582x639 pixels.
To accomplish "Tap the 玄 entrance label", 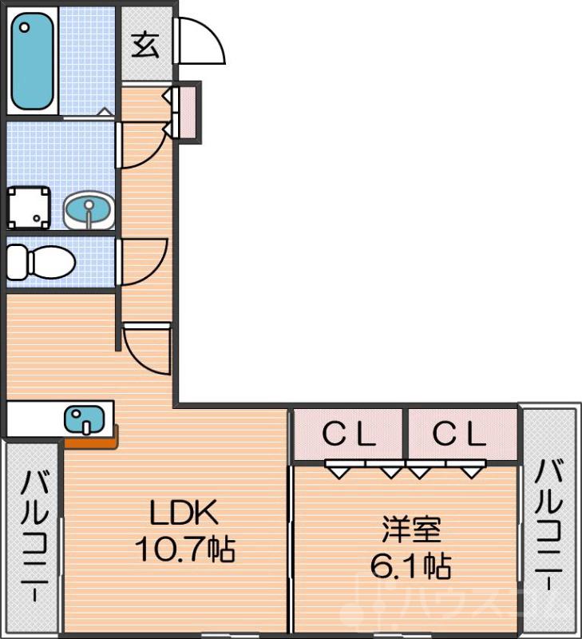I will (145, 45).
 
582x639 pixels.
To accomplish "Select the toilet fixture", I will (40, 260).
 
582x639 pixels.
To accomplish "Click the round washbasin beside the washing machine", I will (88, 210).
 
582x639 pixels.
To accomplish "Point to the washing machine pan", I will (28, 208).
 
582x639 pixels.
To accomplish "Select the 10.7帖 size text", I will (184, 549).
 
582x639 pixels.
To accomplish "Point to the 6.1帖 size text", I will (410, 566).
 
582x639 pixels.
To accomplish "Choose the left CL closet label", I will (349, 435).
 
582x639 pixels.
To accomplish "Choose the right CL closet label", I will (459, 435).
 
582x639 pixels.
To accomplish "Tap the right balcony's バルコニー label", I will (549, 523).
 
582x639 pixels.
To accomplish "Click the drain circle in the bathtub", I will (25, 26).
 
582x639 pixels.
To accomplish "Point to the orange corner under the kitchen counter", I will (92, 439).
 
